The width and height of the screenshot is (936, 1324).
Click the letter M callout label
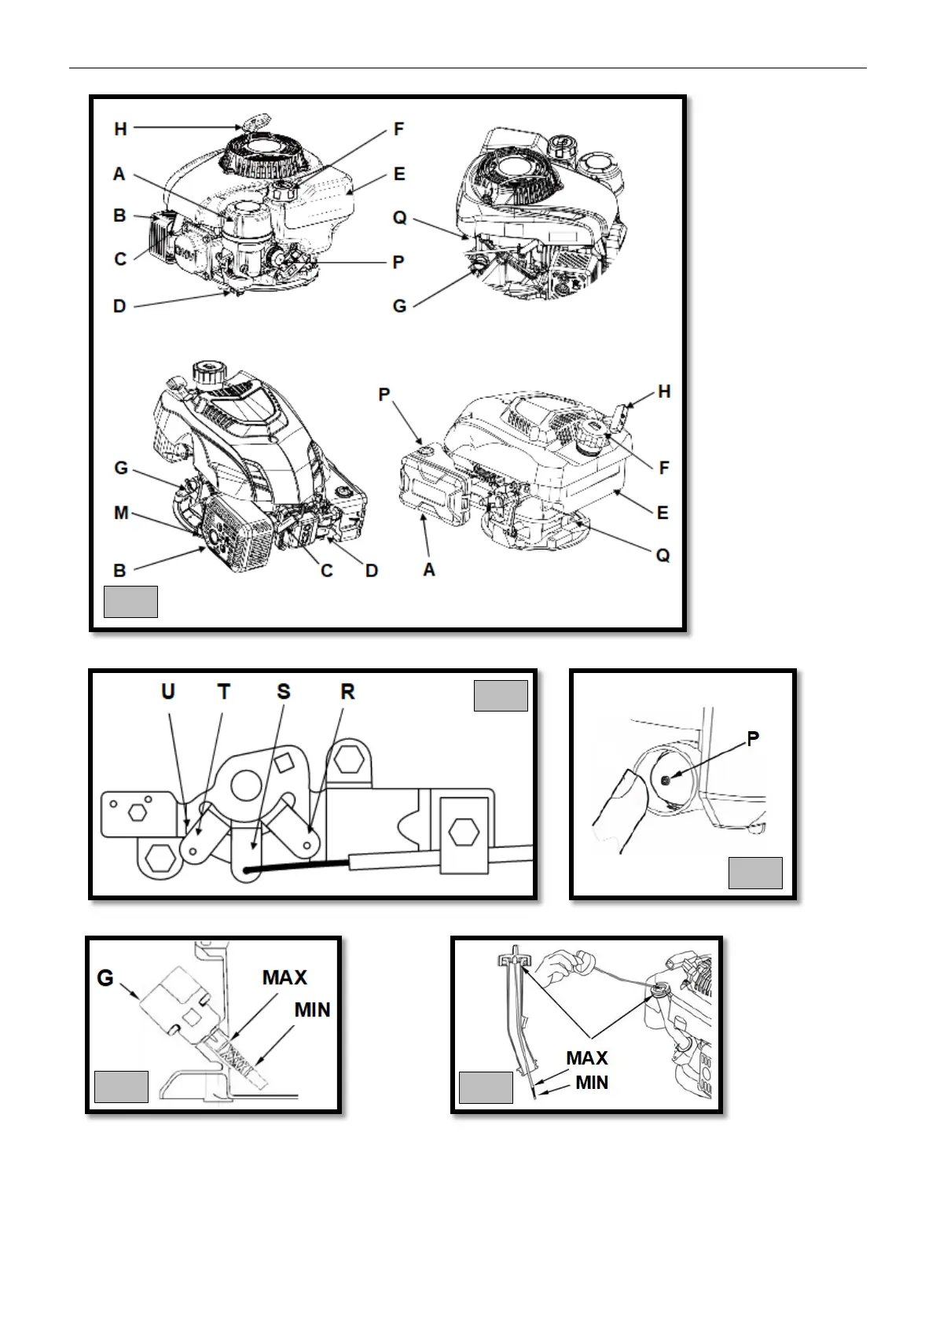(x=121, y=513)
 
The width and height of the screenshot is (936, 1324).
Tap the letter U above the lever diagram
(x=167, y=692)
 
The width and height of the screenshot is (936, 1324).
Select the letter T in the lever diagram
(x=224, y=692)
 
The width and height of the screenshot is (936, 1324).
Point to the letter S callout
(x=284, y=692)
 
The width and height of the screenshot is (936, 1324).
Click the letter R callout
(x=347, y=692)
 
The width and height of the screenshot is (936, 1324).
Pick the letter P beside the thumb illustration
(x=753, y=739)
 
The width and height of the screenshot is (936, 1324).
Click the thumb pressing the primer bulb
(x=621, y=810)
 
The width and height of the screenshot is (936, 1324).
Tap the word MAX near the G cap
(x=284, y=977)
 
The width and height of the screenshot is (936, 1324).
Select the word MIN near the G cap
(x=312, y=1010)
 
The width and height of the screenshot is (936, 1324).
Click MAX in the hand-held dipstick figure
(x=587, y=1058)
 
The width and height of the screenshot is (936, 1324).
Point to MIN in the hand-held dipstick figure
(x=592, y=1083)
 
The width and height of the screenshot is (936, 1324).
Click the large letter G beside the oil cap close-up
(x=105, y=978)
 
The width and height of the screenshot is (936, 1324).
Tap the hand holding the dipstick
(x=566, y=966)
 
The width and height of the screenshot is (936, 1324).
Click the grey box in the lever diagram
(x=501, y=696)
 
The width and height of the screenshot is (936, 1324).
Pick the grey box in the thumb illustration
(x=755, y=873)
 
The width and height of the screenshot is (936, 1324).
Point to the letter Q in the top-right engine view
(x=399, y=218)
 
